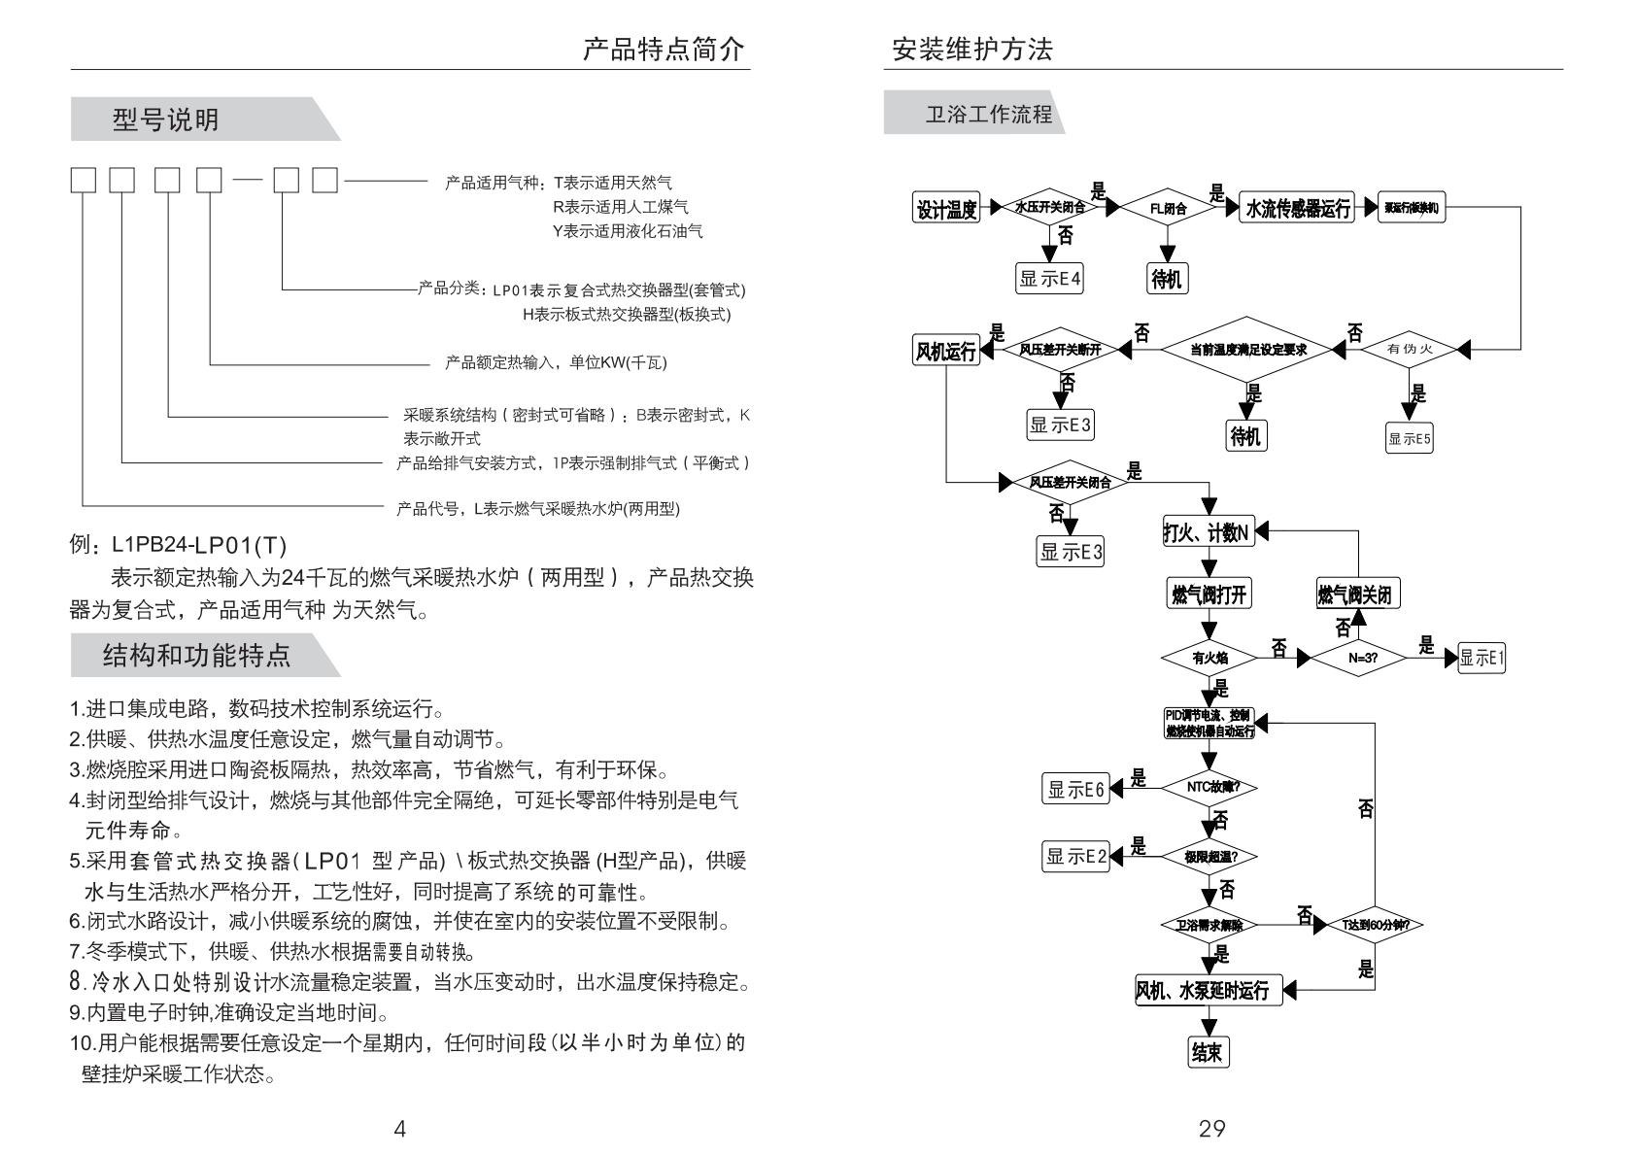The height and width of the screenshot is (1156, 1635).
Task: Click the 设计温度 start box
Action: [946, 208]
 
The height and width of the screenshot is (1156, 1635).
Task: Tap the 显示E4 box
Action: [1049, 279]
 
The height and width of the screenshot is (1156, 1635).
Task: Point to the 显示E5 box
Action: [1410, 438]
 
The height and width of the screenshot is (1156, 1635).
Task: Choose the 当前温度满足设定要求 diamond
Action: [1248, 350]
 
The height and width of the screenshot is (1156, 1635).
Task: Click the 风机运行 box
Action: [945, 351]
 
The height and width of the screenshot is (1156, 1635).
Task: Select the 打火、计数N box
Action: [1207, 531]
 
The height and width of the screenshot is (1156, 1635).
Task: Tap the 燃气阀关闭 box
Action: [1358, 595]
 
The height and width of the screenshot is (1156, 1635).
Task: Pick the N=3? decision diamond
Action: [1363, 658]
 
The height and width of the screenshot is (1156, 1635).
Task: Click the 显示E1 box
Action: [1482, 658]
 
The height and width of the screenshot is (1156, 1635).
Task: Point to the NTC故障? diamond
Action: [1209, 787]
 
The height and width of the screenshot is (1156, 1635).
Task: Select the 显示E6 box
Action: [1075, 790]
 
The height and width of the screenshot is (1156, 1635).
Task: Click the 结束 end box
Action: [1209, 1052]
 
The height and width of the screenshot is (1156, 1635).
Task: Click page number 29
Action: [1211, 1128]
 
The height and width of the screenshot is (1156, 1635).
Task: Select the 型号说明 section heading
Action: [166, 120]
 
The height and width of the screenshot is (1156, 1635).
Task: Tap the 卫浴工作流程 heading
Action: [988, 115]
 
